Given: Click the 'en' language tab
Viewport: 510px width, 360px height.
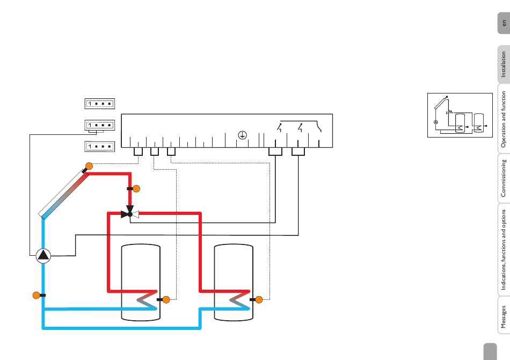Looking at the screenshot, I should tap(503, 24).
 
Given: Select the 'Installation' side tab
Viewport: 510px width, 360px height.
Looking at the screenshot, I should tap(503, 64).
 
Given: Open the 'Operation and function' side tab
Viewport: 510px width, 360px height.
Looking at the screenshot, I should tap(503, 119).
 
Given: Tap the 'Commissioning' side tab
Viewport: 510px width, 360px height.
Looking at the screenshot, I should tap(503, 177).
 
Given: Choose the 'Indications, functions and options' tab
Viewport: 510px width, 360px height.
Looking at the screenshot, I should tap(503, 249).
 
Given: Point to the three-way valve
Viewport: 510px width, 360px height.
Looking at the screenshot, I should tap(130, 214).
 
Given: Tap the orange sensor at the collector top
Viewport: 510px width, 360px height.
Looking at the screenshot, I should tap(89, 166).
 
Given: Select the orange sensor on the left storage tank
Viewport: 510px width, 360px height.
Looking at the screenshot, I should tap(166, 299).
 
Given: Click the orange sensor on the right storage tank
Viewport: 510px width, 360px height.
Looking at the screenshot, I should tap(258, 299).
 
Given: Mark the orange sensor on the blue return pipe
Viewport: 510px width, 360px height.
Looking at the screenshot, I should tap(36, 294).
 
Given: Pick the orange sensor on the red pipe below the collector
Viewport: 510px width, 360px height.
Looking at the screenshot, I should tap(136, 189).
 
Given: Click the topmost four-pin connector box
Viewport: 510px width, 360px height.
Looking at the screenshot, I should tap(100, 104).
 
